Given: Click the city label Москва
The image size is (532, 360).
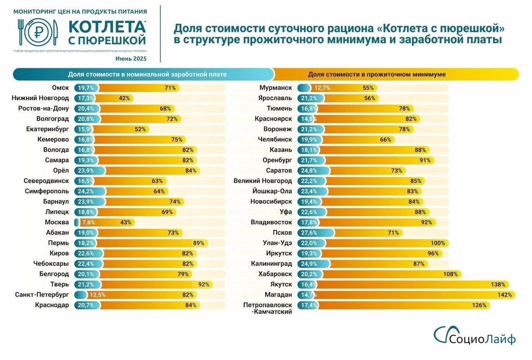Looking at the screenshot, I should point(56,222).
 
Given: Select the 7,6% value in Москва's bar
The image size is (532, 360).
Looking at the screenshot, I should point(88,222).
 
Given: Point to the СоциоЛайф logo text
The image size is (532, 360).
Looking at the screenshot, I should point(482,339).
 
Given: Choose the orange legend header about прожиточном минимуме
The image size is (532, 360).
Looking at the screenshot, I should point(377,74).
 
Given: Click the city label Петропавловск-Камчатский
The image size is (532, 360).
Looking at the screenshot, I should point(268,308).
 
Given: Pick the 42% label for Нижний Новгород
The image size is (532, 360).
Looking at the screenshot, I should point(124,98).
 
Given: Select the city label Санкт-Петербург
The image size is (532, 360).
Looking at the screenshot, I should point(42,294).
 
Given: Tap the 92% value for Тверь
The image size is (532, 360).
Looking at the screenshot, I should point(203,284).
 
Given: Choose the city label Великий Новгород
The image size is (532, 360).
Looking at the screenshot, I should point(263,181).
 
